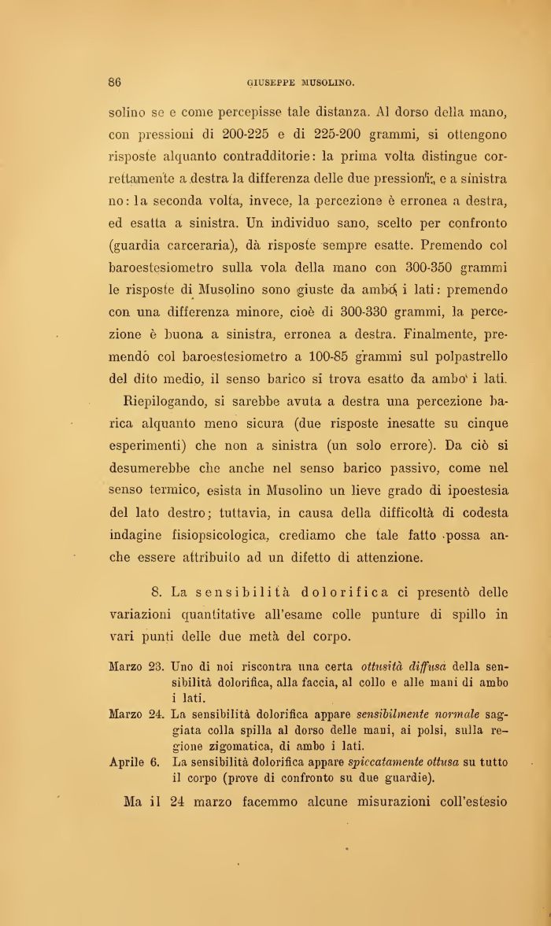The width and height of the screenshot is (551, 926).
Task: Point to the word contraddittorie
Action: pyautogui.click(x=287, y=156)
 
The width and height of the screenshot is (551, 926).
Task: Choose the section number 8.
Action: pyautogui.click(x=154, y=591)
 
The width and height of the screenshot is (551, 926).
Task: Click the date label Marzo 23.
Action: pyautogui.click(x=135, y=668)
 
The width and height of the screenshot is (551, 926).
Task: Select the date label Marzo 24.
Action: pyautogui.click(x=135, y=714)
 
